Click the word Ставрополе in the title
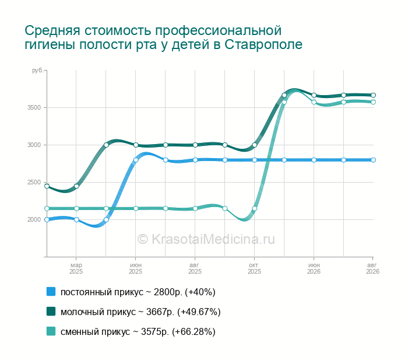(x=263, y=44)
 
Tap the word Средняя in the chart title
(x=52, y=31)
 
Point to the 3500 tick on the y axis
(x=34, y=107)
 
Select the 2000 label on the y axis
(x=34, y=219)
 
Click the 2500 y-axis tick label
(x=34, y=183)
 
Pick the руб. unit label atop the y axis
(x=38, y=71)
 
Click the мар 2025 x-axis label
(x=76, y=268)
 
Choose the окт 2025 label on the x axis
(x=254, y=268)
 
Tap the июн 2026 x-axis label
(x=314, y=268)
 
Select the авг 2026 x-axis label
(x=372, y=268)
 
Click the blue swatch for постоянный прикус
(x=51, y=292)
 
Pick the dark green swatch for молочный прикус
(x=51, y=312)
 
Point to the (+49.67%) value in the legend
(x=199, y=312)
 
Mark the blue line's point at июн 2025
(x=136, y=160)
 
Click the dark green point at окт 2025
(x=255, y=145)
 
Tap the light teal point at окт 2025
(x=255, y=208)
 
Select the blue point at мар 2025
(x=76, y=219)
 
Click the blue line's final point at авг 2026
(x=373, y=160)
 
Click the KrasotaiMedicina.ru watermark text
(x=206, y=239)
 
